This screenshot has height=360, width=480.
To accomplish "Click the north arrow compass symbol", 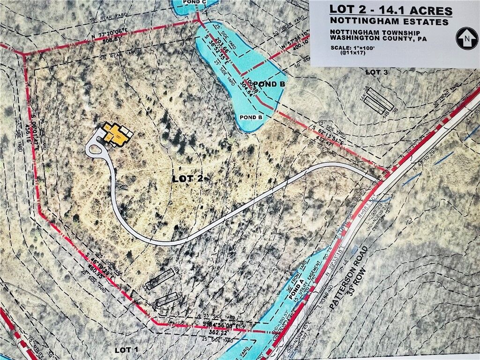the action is coord(467,38).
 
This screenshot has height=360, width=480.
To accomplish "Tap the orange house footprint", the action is coord(118,135).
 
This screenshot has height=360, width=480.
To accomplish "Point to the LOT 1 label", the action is coord(127,350).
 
